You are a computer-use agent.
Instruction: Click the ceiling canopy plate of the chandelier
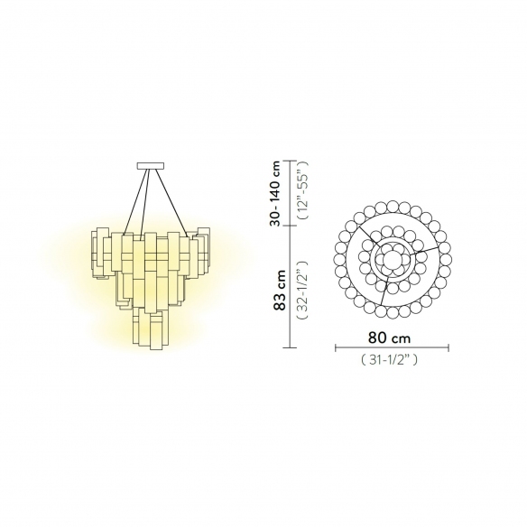pos(151,166)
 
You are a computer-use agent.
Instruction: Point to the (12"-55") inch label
pos(303,190)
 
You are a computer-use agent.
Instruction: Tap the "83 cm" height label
pos(280,291)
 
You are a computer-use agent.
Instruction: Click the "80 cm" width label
pos(389,337)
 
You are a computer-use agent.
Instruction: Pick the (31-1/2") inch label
pos(389,360)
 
